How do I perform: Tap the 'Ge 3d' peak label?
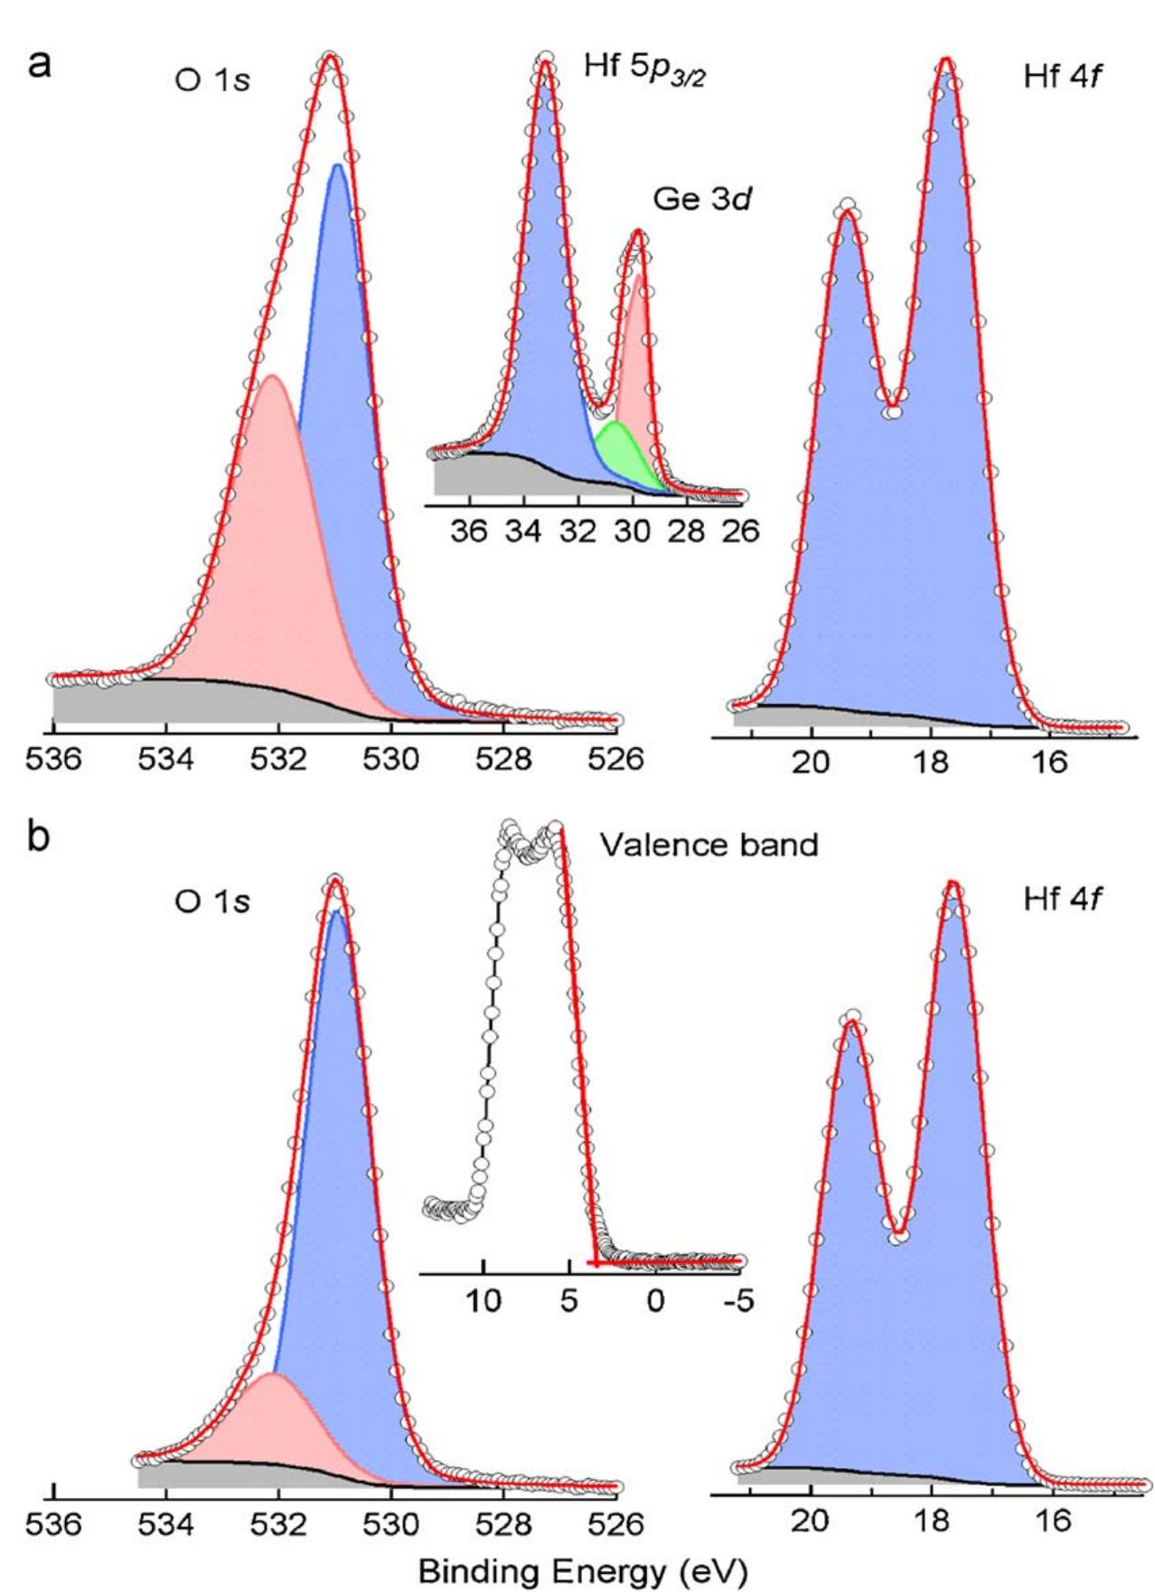(x=703, y=199)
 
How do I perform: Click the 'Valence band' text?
(x=709, y=845)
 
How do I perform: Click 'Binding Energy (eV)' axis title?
(x=584, y=1570)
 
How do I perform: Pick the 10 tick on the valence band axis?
(x=484, y=1302)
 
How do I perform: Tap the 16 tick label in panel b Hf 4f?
(x=1050, y=1522)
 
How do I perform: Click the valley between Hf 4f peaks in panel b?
(x=897, y=1231)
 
